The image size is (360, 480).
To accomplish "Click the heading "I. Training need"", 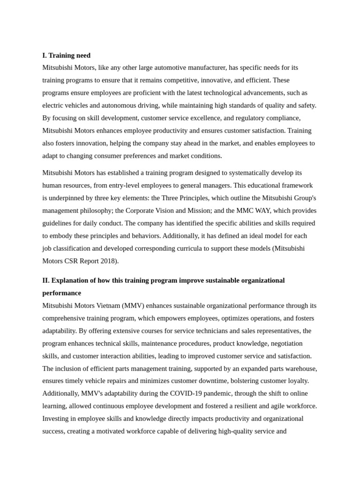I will point(66,55).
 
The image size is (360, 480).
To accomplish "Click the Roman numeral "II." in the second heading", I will point(45,280).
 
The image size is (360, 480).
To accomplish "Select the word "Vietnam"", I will point(107,306).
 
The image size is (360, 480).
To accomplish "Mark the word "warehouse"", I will point(300,368).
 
